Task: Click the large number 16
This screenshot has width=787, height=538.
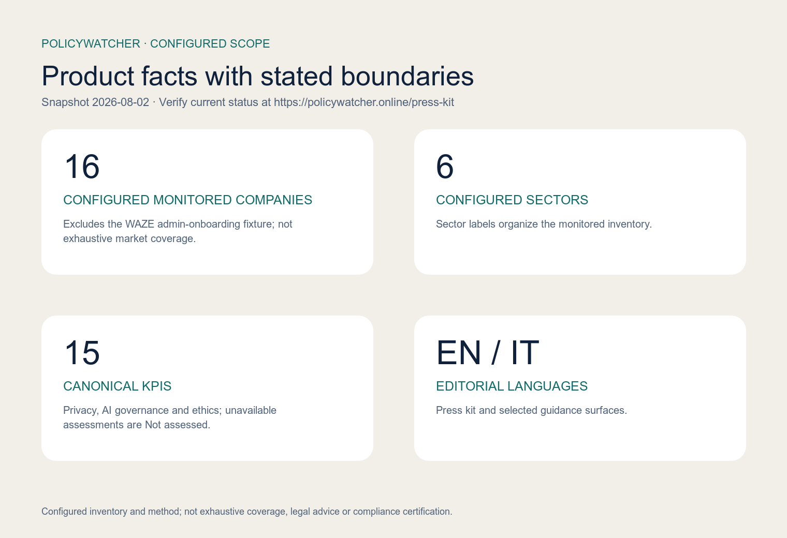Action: [82, 167]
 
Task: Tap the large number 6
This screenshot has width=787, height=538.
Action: [445, 167]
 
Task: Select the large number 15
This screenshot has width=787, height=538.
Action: [82, 353]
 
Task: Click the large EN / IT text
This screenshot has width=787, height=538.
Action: [487, 353]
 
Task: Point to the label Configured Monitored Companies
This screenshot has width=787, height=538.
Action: [187, 200]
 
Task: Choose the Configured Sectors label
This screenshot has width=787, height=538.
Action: [512, 200]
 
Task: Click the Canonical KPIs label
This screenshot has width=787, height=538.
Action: [118, 386]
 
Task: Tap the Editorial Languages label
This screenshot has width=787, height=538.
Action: [512, 386]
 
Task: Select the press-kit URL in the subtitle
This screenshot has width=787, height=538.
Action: [364, 102]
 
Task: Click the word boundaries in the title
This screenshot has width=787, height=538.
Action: [407, 76]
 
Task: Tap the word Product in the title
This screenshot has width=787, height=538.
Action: [88, 76]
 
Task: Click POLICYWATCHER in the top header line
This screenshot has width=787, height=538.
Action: [91, 43]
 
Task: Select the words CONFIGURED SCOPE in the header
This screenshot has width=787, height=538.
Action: [210, 43]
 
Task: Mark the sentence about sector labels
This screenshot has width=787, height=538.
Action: [544, 224]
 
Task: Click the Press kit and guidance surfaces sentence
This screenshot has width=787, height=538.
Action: [532, 410]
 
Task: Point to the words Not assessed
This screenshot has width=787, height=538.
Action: [178, 425]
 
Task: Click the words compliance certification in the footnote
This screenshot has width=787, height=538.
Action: [403, 511]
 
